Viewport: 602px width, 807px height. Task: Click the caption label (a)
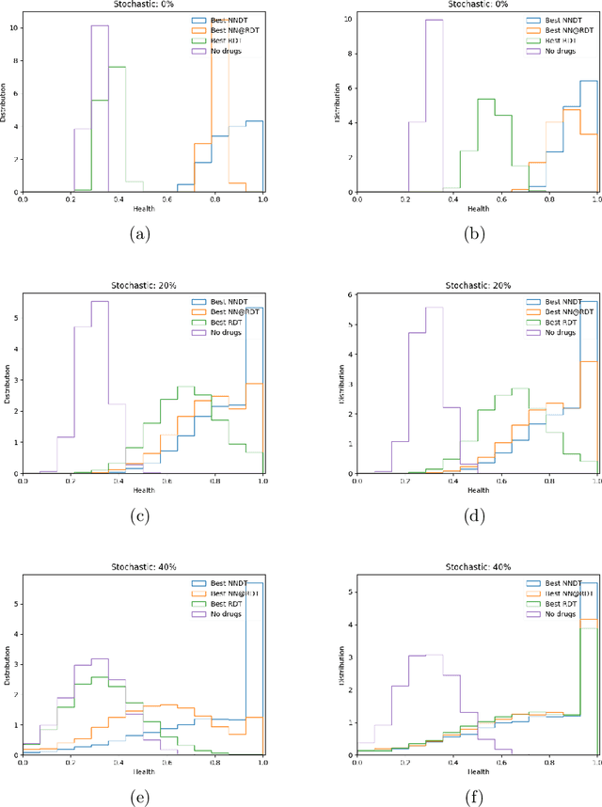[x=142, y=234]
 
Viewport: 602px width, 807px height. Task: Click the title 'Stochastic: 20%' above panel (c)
[x=143, y=286]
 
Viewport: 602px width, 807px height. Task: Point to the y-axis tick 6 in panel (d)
[x=351, y=294]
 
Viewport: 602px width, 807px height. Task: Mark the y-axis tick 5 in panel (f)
[x=351, y=592]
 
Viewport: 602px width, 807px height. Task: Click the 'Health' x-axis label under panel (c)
[x=142, y=489]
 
